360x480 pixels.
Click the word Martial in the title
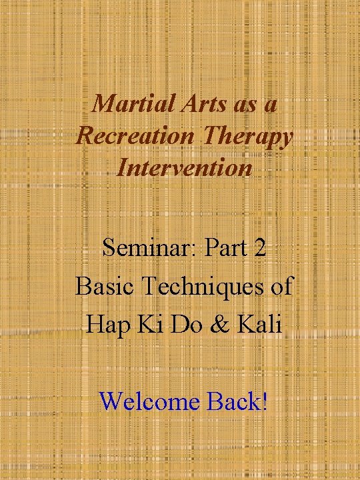pos(125,105)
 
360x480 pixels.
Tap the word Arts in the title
pos(189,105)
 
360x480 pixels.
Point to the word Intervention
pos(185,168)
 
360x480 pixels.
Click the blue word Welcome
pos(149,401)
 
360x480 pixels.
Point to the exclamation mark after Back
pos(265,401)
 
